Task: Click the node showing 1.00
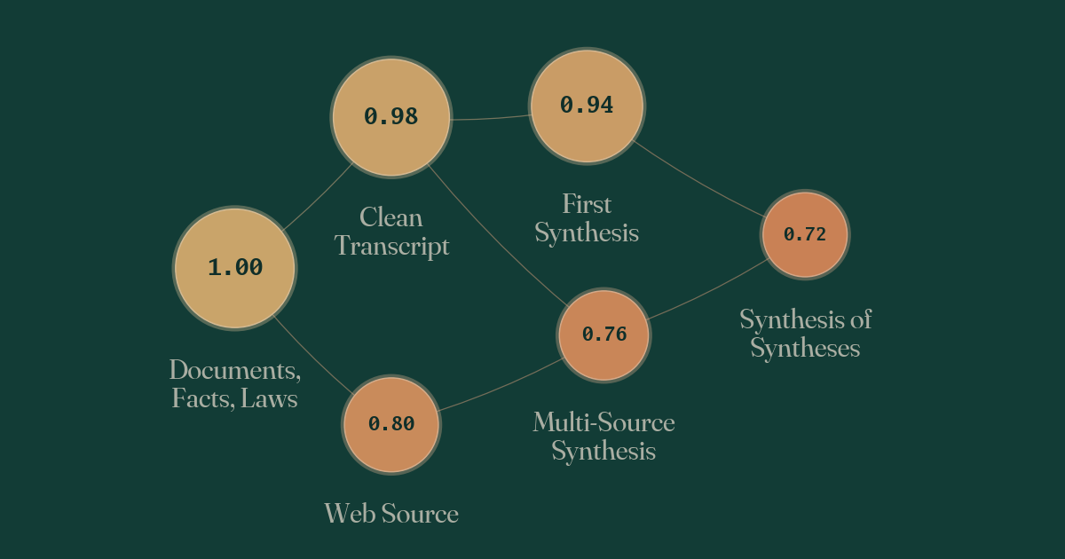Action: coord(235,268)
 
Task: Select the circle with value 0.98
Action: coord(390,117)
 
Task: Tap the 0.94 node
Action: coord(587,106)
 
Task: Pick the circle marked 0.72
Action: coord(805,235)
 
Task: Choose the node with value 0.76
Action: coord(603,335)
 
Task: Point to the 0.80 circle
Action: coord(390,424)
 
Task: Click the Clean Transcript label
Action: coord(391,232)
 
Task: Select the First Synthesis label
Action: coord(587,218)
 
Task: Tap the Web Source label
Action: coord(391,514)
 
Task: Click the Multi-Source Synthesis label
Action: coord(603,437)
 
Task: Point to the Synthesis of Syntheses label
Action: coord(806,334)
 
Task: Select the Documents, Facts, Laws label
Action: coord(235,384)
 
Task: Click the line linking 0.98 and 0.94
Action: coord(491,118)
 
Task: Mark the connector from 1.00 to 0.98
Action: coord(317,197)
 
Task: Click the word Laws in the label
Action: coord(269,398)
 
